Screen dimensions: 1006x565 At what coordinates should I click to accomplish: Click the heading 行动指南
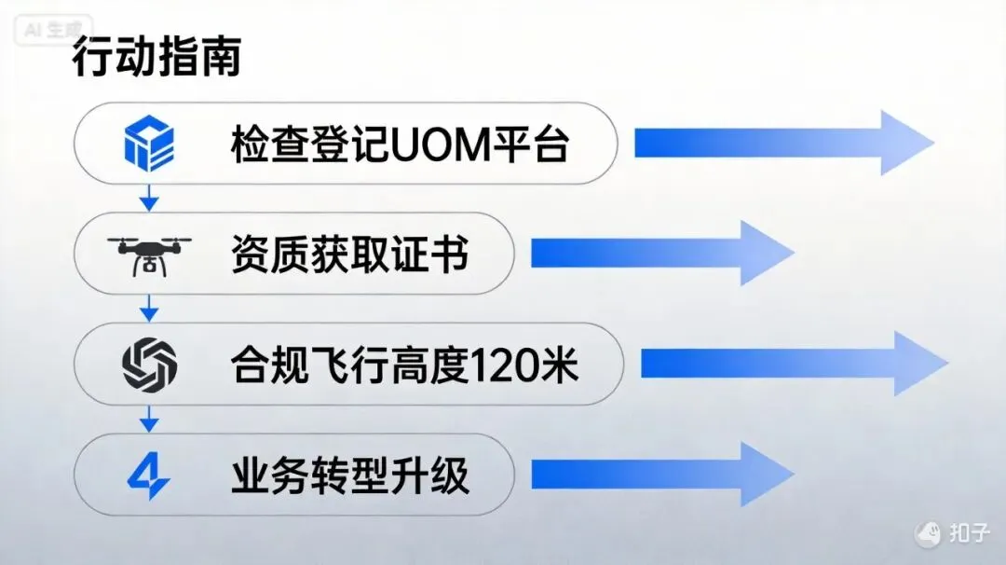(x=156, y=58)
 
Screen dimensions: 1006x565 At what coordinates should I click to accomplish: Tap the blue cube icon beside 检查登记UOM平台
(x=149, y=143)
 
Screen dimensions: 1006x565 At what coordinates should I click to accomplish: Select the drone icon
(x=149, y=253)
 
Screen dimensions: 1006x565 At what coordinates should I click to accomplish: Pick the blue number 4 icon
(x=149, y=475)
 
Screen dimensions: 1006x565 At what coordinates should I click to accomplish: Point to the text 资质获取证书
(x=349, y=254)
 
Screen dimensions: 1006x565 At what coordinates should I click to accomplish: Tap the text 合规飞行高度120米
(x=404, y=364)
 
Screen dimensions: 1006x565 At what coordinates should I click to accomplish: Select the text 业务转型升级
(x=349, y=475)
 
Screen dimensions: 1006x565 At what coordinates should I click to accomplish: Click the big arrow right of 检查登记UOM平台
(x=782, y=143)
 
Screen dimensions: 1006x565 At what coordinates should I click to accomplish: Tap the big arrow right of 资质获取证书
(x=661, y=253)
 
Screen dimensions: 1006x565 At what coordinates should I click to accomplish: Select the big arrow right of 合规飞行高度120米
(x=792, y=363)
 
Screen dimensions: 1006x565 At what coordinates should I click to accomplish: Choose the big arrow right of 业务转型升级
(x=661, y=475)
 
